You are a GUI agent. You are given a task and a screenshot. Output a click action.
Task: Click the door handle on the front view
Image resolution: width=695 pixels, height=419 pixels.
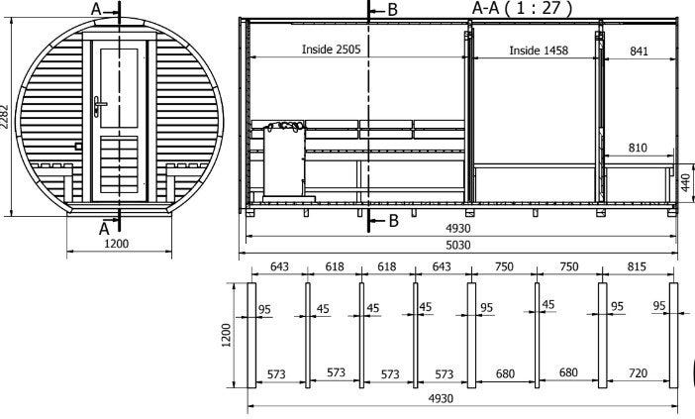coord(99,106)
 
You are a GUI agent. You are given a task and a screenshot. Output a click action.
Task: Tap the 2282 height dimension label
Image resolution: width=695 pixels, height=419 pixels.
coord(4,117)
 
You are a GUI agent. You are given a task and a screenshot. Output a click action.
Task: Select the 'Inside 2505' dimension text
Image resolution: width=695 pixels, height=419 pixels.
coord(331,50)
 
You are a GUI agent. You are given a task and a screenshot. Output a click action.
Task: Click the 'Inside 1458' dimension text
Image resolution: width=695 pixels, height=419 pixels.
coord(539,51)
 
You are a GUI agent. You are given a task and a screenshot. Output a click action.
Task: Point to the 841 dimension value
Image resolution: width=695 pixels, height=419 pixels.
coord(639,51)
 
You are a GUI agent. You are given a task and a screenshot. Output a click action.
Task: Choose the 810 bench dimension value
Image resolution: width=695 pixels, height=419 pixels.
coord(638,148)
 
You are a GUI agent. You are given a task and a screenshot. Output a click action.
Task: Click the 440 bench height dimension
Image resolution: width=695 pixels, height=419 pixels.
coord(686,182)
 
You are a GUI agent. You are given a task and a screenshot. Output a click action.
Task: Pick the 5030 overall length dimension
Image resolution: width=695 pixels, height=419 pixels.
coord(457,246)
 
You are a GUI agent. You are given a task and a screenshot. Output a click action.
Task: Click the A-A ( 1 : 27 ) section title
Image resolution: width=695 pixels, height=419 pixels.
coord(522,8)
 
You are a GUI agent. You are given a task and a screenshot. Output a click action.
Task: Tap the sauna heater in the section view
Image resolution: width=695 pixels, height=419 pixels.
coord(284,159)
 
